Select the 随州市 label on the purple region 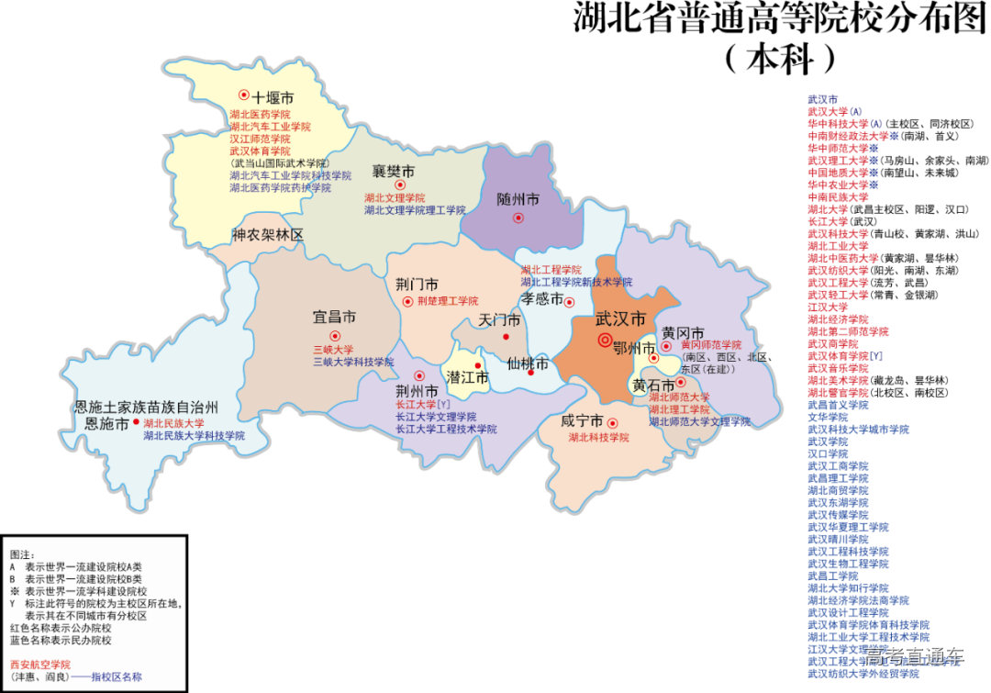[518, 199]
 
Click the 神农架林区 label [267, 235]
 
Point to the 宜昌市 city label [334, 318]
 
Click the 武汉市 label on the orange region [620, 319]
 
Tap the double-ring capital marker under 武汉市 [604, 341]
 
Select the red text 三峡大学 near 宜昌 [333, 350]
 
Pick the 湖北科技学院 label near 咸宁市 [598, 438]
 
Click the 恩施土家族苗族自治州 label [146, 407]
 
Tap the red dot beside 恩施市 [136, 422]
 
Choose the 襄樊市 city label [393, 172]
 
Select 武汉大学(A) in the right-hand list [834, 111]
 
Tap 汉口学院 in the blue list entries [827, 453]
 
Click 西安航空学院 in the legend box [39, 664]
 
